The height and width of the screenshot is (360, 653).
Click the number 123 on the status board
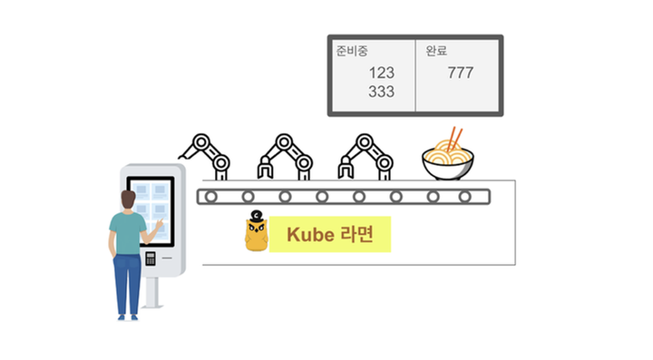coord(382,73)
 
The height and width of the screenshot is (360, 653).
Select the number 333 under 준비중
coord(382,92)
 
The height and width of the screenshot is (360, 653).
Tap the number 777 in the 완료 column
coord(460,73)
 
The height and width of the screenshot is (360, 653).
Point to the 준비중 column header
coord(352,51)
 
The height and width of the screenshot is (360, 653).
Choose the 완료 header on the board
coord(437,51)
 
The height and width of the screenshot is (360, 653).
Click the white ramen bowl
coord(447,164)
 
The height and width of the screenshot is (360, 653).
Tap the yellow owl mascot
coord(256,233)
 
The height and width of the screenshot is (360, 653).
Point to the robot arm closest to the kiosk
coord(208,154)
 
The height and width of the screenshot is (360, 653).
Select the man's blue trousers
coord(127,282)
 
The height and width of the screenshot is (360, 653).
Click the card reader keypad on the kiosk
coord(151,258)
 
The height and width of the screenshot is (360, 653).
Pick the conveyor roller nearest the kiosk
coord(211,196)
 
